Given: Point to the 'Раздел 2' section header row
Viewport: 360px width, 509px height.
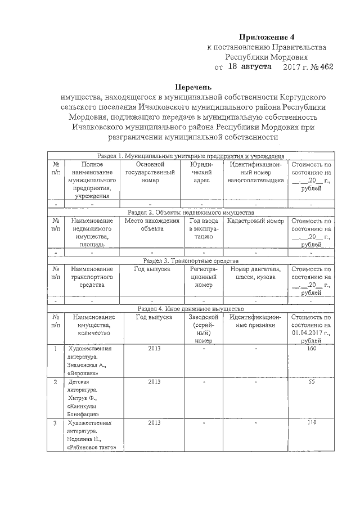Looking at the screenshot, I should [190, 213].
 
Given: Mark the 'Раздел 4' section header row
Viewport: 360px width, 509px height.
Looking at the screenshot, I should [190, 309].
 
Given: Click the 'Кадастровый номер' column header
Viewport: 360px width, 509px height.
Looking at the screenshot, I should [255, 221].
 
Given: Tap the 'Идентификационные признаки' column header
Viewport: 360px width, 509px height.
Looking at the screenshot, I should [255, 321].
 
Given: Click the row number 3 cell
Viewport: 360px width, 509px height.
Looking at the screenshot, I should [55, 422].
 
